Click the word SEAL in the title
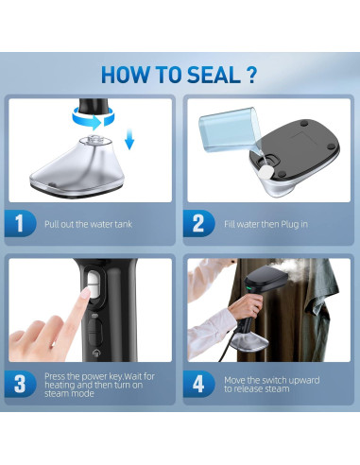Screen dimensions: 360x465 tap(214, 75)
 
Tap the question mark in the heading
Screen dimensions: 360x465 tap(251, 75)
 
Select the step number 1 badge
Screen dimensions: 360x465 tap(20, 223)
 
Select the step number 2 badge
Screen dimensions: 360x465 tap(198, 223)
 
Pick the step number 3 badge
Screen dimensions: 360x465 tap(20, 384)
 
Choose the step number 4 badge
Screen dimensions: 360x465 tap(198, 384)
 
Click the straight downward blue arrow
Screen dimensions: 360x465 tap(129, 139)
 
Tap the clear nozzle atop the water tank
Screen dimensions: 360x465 tap(93, 140)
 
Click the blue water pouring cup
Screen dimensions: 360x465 tap(230, 129)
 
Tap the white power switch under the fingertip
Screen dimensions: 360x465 tap(93, 284)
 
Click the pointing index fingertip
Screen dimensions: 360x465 tap(84, 296)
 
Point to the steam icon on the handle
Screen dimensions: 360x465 tap(96, 353)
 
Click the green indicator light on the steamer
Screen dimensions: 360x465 tap(249, 288)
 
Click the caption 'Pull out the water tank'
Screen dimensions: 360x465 tap(88, 224)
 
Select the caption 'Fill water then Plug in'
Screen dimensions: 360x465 tap(266, 224)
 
